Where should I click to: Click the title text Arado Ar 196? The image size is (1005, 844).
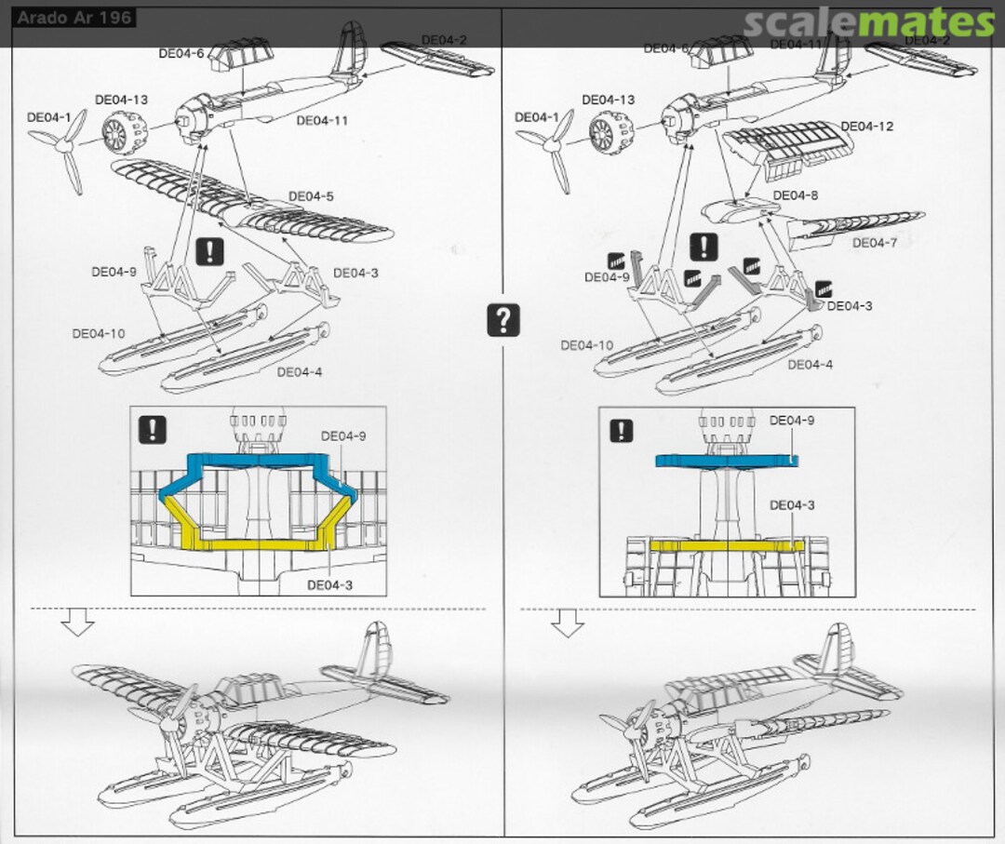tap(74, 18)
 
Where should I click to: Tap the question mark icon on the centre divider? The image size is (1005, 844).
tap(502, 320)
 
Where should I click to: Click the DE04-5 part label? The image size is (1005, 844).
tap(311, 196)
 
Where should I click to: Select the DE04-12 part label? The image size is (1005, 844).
tap(866, 126)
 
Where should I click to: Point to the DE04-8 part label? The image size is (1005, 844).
tap(796, 195)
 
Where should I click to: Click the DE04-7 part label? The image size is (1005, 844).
tap(875, 243)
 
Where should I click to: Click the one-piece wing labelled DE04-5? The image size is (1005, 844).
tap(251, 196)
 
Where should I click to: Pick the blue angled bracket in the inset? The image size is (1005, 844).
tap(257, 464)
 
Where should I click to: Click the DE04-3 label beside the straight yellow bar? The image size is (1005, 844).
tap(791, 505)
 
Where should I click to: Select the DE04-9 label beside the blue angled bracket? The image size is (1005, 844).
tap(343, 435)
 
